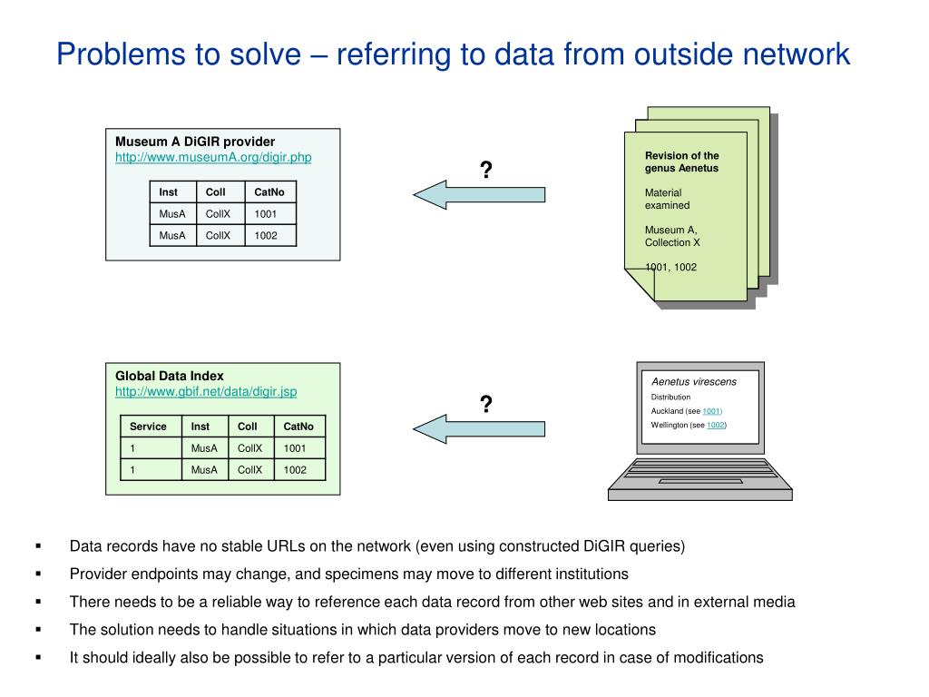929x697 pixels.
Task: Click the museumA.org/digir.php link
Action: (x=212, y=157)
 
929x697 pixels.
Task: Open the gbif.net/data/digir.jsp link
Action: (x=205, y=391)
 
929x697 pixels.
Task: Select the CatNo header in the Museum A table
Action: (x=269, y=191)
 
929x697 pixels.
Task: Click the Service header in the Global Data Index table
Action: (x=148, y=426)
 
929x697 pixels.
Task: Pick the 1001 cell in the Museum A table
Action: (x=266, y=214)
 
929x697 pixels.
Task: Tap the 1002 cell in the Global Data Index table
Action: (x=295, y=469)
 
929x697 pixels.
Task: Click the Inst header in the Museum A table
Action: (x=169, y=191)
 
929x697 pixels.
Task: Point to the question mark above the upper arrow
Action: (x=486, y=170)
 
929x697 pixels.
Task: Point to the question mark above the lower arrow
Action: (x=486, y=405)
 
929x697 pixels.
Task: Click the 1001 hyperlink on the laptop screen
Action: (x=712, y=411)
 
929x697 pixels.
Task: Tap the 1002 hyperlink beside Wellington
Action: (x=717, y=425)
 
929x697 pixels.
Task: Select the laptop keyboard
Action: (x=699, y=473)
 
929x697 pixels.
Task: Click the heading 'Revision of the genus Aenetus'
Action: (x=681, y=162)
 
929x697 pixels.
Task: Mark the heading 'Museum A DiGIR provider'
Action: (x=194, y=142)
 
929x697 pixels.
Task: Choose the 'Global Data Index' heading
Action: (x=169, y=376)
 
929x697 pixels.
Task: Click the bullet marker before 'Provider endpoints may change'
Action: (x=39, y=574)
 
